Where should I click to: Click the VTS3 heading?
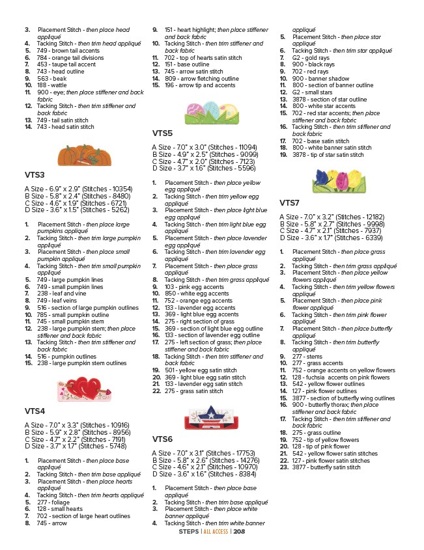click(35, 175)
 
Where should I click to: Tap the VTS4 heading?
click(35, 411)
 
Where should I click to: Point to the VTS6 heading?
click(162, 439)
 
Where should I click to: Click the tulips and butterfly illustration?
click(334, 179)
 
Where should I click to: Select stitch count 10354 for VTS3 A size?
click(120, 188)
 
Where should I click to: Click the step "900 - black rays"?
click(313, 64)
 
